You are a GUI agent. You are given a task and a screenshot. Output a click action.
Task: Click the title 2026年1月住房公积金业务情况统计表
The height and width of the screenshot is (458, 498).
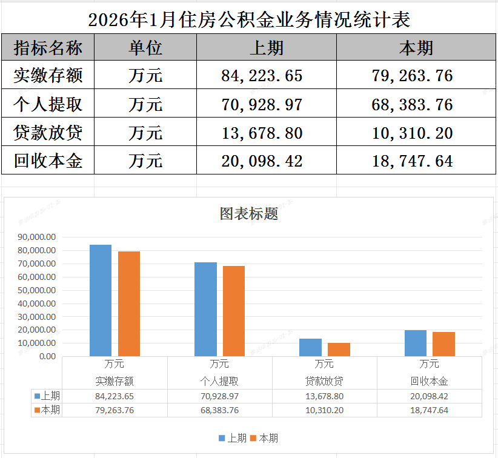pyautogui.click(x=249, y=20)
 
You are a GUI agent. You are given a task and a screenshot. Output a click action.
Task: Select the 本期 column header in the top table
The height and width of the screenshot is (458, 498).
pyautogui.click(x=417, y=47)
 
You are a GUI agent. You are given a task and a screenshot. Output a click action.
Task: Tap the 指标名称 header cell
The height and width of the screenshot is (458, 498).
pyautogui.click(x=48, y=47)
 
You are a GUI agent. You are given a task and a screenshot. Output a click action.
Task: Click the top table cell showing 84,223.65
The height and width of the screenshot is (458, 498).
pyautogui.click(x=262, y=76)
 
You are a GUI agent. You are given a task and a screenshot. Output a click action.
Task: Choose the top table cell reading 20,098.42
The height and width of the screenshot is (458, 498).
pyautogui.click(x=262, y=161)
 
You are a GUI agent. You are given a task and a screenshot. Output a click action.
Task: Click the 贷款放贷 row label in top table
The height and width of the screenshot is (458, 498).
pyautogui.click(x=48, y=133)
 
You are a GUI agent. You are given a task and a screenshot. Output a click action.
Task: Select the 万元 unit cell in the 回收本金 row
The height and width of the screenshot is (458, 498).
pyautogui.click(x=145, y=161)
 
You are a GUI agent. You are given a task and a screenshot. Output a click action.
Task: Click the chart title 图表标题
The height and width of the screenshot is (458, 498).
pyautogui.click(x=249, y=214)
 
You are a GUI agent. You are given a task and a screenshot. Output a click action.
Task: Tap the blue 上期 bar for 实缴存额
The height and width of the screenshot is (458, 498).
pyautogui.click(x=101, y=300)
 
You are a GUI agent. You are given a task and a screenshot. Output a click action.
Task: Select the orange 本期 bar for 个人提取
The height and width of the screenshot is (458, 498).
pyautogui.click(x=234, y=311)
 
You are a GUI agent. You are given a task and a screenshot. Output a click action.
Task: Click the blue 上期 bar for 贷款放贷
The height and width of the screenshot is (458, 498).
pyautogui.click(x=310, y=348)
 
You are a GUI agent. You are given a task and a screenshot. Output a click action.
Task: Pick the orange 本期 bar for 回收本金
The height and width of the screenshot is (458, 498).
pyautogui.click(x=443, y=344)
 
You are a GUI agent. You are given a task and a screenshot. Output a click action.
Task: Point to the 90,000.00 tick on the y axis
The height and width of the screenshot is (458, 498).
pyautogui.click(x=38, y=237)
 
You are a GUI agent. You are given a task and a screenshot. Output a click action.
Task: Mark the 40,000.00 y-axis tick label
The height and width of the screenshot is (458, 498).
pyautogui.click(x=38, y=304)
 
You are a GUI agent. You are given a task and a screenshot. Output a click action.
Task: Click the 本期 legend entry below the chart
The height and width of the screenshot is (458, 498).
pyautogui.click(x=264, y=438)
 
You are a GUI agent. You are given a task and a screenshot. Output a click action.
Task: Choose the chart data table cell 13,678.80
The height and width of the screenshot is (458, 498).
pyautogui.click(x=324, y=396)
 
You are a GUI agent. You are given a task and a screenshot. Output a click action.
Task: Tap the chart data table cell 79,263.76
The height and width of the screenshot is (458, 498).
pyautogui.click(x=115, y=410)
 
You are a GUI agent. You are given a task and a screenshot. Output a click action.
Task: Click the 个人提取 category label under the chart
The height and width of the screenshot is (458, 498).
pyautogui.click(x=219, y=382)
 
